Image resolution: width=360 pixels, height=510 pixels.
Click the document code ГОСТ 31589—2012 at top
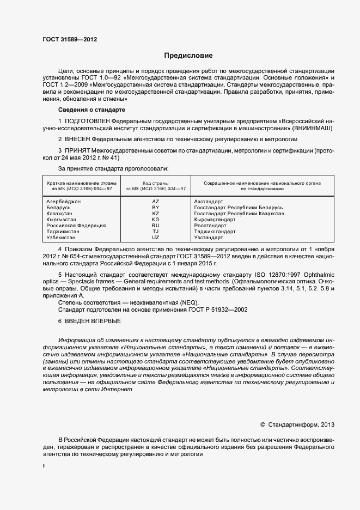(x=70, y=39)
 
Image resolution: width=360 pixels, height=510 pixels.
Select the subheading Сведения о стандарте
(x=91, y=110)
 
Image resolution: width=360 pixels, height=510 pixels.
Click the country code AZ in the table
(x=156, y=202)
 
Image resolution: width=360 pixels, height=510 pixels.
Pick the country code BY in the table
(x=156, y=208)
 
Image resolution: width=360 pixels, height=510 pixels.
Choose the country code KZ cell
(x=156, y=214)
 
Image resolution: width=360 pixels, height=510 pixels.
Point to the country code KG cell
(x=156, y=220)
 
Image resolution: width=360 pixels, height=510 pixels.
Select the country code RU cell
(x=156, y=226)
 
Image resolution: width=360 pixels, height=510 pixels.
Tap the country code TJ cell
(x=156, y=232)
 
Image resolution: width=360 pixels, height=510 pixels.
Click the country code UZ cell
(x=156, y=238)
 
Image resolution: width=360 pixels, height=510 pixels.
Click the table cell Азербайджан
(x=64, y=202)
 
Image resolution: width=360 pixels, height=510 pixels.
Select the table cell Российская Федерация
(x=76, y=226)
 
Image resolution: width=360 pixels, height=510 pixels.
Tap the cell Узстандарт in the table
(x=209, y=238)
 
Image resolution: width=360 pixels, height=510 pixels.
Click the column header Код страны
(x=156, y=183)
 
